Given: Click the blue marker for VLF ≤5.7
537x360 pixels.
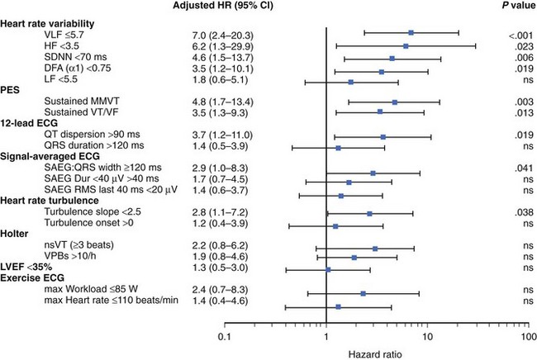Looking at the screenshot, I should pos(411,32).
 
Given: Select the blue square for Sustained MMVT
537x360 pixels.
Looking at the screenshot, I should pos(395,102).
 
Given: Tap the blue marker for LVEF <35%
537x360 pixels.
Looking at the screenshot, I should pos(328,269).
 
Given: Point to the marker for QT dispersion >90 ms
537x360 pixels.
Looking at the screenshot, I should pos(383,136).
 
